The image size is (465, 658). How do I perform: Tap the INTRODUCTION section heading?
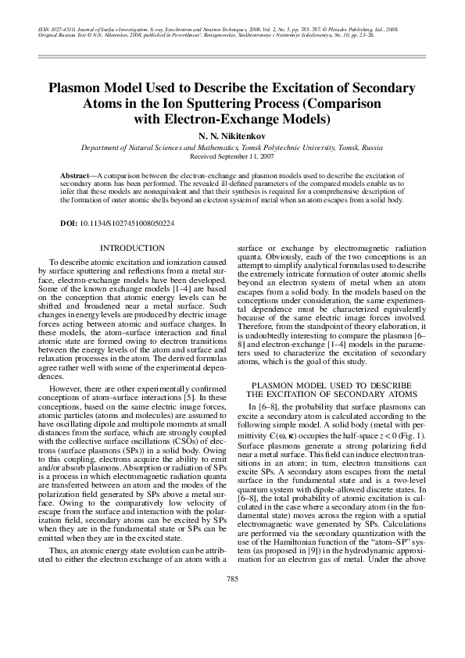click(x=127, y=248)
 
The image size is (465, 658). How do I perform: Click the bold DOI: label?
click(x=69, y=224)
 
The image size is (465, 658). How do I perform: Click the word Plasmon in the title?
click(x=74, y=90)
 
